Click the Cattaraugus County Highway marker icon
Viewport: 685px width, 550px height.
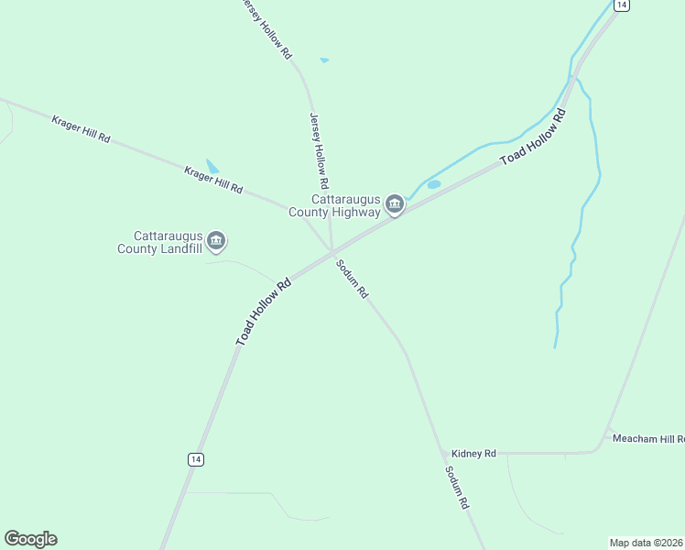click(x=395, y=203)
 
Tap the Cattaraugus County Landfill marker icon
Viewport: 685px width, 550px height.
click(x=216, y=241)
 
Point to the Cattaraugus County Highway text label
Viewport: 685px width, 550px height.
click(x=334, y=205)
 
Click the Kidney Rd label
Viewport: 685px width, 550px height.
click(x=473, y=454)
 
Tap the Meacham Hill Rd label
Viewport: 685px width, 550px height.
click(x=647, y=438)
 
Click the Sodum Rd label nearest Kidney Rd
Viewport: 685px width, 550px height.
click(x=456, y=488)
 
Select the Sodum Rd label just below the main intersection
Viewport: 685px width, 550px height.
click(x=352, y=280)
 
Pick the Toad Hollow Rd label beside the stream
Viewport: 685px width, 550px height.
click(x=534, y=138)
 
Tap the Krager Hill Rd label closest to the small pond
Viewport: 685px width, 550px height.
click(x=213, y=180)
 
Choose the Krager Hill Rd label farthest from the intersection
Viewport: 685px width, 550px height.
click(x=81, y=129)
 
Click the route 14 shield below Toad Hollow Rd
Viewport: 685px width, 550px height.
click(x=195, y=459)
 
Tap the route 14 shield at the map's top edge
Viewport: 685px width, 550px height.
click(x=622, y=5)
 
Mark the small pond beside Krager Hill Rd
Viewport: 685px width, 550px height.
click(x=212, y=167)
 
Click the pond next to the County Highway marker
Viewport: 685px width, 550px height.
click(x=434, y=184)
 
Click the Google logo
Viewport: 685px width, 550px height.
click(x=30, y=539)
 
